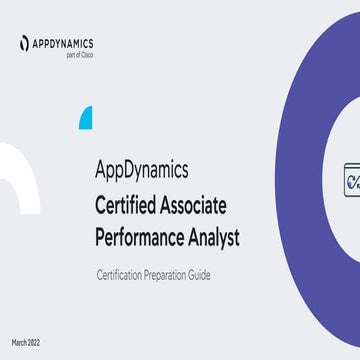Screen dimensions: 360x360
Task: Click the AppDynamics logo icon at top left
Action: (x=23, y=43)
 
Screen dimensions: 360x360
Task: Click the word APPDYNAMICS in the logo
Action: (x=62, y=42)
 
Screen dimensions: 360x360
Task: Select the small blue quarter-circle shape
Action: (x=86, y=116)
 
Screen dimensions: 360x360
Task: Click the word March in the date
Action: (x=20, y=342)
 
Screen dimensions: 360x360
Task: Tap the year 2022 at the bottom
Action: (x=38, y=342)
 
